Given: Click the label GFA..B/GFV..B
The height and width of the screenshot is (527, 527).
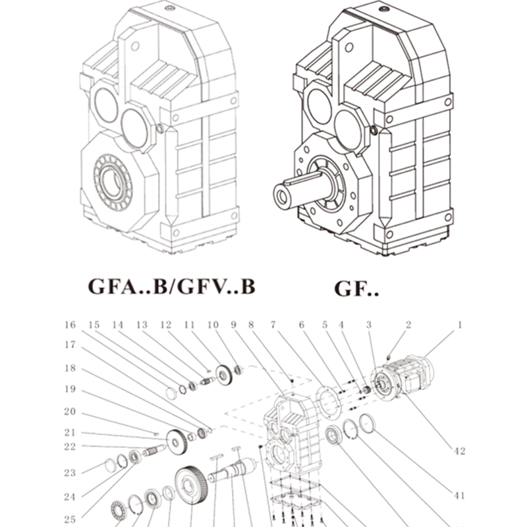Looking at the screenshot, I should (x=171, y=288).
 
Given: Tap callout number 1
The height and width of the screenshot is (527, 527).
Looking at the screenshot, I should (x=459, y=324).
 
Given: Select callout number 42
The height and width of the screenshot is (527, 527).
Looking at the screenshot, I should (x=459, y=451).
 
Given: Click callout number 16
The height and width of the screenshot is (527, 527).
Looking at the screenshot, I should (x=70, y=325).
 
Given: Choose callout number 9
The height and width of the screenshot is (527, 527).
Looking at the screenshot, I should (x=233, y=325).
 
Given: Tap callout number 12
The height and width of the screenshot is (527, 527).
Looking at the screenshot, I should (x=165, y=325).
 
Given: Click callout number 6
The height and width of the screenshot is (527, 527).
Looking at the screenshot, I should (x=302, y=325).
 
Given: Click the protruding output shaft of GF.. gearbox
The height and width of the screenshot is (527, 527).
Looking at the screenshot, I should (x=296, y=190).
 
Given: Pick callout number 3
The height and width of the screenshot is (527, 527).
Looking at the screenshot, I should (x=370, y=325).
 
